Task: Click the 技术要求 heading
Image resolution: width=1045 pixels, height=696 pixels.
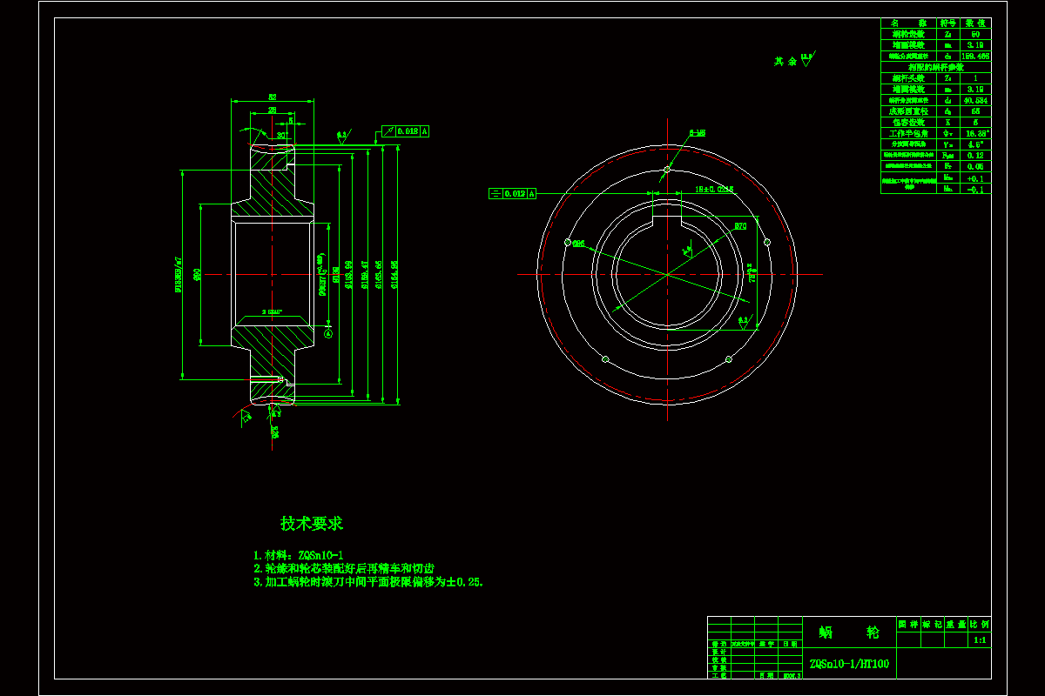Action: coord(312,524)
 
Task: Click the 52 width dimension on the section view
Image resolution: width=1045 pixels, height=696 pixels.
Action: coord(272,97)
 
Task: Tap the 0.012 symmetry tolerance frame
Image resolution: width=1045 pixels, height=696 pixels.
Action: coord(512,193)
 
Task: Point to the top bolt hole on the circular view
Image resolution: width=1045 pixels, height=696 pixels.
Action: coord(667,169)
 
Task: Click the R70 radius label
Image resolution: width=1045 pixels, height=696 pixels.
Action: coord(740,226)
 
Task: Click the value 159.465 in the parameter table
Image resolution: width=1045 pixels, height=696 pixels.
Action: coord(975,56)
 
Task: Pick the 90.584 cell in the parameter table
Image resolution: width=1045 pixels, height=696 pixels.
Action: coord(975,100)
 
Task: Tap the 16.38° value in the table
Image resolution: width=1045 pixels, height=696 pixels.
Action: coord(975,133)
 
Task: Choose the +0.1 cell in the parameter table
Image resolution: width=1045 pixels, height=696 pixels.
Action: coord(975,177)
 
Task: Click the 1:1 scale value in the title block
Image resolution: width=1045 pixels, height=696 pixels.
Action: coord(979,640)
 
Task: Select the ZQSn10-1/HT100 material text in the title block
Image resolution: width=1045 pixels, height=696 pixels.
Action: coord(849,664)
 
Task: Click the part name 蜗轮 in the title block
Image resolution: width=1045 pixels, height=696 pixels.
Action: coord(848,632)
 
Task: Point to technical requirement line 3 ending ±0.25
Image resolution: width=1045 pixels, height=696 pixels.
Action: coord(368,582)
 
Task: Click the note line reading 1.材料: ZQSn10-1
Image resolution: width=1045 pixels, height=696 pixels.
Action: coord(298,555)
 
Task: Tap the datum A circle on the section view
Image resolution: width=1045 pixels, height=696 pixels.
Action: coord(328,332)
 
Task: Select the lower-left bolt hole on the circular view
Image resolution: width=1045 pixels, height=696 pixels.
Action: coord(604,358)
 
